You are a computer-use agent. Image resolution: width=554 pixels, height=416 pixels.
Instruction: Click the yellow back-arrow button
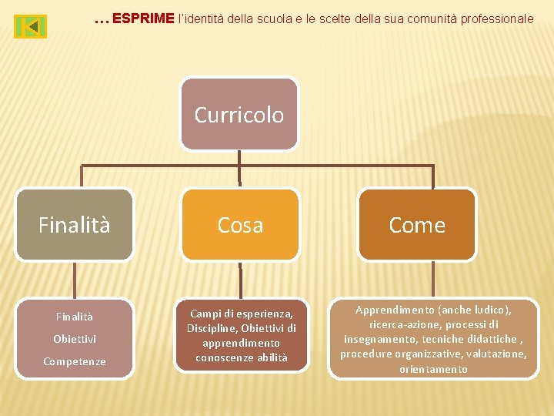pos(30,27)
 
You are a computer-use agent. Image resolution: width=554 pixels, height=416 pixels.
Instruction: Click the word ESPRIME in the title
pos(143,18)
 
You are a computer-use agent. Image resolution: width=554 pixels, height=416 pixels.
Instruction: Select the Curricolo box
pos(239,114)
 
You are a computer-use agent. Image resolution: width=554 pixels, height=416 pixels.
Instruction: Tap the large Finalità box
pos(75,224)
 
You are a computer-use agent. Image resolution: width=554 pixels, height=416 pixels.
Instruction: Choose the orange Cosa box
pos(239,224)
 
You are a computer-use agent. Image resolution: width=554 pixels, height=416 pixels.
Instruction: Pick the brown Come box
pos(417,224)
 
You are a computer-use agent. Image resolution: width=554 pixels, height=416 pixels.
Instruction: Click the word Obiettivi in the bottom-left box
pos(75,339)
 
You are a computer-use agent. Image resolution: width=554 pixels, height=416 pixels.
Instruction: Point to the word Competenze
pos(75,361)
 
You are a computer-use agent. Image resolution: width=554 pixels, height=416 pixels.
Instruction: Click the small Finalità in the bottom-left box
pos(75,317)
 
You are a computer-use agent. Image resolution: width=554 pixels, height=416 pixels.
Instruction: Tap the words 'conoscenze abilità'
pos(242,357)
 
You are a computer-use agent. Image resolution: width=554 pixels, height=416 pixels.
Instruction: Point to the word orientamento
pos(433,369)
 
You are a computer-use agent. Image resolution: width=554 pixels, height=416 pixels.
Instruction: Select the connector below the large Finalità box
pos(75,279)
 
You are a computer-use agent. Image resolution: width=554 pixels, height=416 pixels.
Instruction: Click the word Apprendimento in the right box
pos(395,310)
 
